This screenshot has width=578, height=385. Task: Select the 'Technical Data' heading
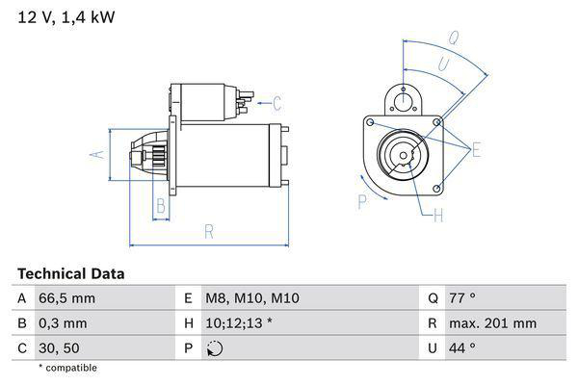70,274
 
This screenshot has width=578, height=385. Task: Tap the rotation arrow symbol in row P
215,348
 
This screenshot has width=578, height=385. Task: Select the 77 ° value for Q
465,298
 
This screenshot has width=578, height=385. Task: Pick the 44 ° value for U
465,347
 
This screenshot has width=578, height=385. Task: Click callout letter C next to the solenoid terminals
276,103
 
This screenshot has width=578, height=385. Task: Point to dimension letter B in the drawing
161,204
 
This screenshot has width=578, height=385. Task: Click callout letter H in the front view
438,217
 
